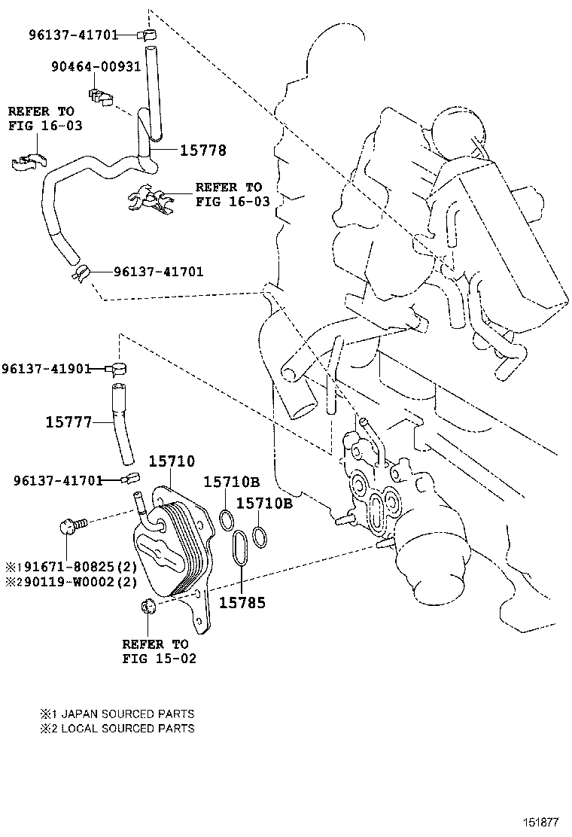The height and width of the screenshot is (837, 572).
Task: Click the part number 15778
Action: click(x=202, y=151)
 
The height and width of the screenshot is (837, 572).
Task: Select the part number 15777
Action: click(x=68, y=422)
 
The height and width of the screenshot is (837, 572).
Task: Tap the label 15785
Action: click(x=242, y=603)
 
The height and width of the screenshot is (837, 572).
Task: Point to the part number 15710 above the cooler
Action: click(x=172, y=461)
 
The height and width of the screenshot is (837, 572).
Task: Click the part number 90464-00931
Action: click(x=96, y=66)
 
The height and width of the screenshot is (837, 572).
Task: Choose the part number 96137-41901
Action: click(x=46, y=368)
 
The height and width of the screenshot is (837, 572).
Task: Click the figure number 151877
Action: click(x=540, y=823)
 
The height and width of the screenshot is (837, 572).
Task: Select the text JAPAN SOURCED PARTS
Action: click(x=127, y=714)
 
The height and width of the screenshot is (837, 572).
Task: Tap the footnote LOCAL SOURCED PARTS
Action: click(x=127, y=728)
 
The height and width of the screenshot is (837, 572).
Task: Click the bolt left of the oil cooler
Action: click(x=71, y=526)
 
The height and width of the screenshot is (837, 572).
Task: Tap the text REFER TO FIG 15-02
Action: click(x=159, y=651)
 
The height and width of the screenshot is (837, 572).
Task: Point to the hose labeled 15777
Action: click(x=122, y=425)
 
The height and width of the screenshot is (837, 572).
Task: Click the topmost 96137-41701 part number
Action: click(x=73, y=35)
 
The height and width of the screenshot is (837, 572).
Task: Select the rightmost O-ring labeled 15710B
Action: click(x=260, y=536)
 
